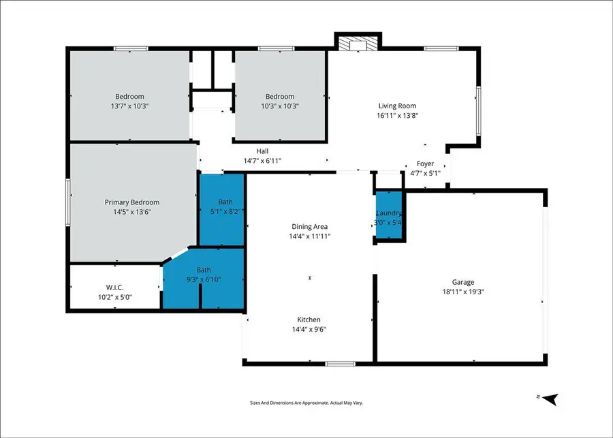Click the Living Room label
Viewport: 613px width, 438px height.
tap(397, 106)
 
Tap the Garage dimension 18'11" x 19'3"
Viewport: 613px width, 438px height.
tap(462, 291)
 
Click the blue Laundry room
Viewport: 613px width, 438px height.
tap(389, 216)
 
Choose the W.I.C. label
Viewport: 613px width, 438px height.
tap(114, 287)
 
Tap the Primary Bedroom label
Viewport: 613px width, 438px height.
tap(131, 202)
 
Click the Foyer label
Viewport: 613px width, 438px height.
tap(425, 164)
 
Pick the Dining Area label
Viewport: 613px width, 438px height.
tap(311, 227)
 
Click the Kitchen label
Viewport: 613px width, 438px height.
tap(309, 319)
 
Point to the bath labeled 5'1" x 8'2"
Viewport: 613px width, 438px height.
tap(225, 211)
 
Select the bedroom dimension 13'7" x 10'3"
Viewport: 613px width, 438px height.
tap(129, 106)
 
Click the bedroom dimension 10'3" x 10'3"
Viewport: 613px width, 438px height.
tap(280, 106)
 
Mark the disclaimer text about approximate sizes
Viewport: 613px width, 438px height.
tap(306, 403)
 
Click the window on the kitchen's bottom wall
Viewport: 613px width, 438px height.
tap(340, 364)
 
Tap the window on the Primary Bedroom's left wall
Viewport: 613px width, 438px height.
tap(67, 202)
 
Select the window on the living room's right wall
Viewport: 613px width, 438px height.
tap(478, 110)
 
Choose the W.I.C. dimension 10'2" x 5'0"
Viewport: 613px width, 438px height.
tap(114, 297)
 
